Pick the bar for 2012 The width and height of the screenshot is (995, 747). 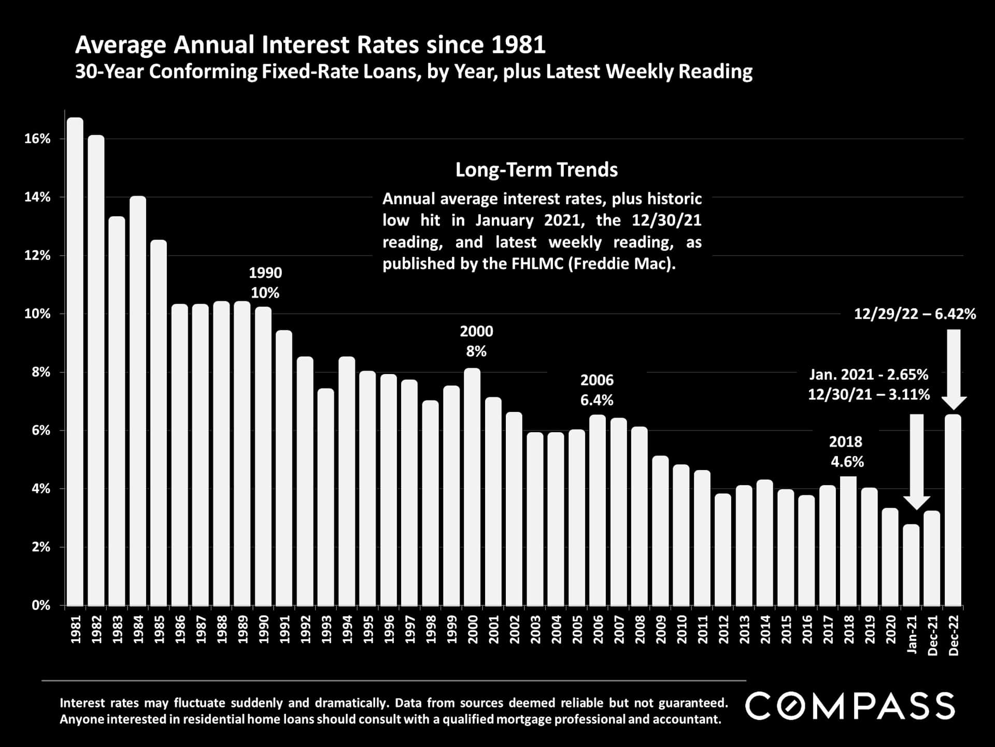(x=723, y=549)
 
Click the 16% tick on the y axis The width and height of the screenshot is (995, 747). (x=38, y=139)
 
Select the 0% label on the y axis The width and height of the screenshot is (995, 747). (x=41, y=605)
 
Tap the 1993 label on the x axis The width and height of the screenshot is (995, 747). (x=326, y=629)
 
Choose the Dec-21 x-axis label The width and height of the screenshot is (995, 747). (x=932, y=635)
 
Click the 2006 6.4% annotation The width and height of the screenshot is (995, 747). (x=596, y=390)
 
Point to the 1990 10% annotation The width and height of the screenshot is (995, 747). (x=265, y=283)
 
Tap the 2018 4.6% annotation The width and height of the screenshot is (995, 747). (x=847, y=452)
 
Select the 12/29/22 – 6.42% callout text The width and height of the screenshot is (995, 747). (x=915, y=314)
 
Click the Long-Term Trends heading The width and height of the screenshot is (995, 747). (x=536, y=170)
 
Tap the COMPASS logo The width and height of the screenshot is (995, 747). (x=850, y=706)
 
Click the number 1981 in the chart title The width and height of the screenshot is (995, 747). (x=518, y=45)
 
